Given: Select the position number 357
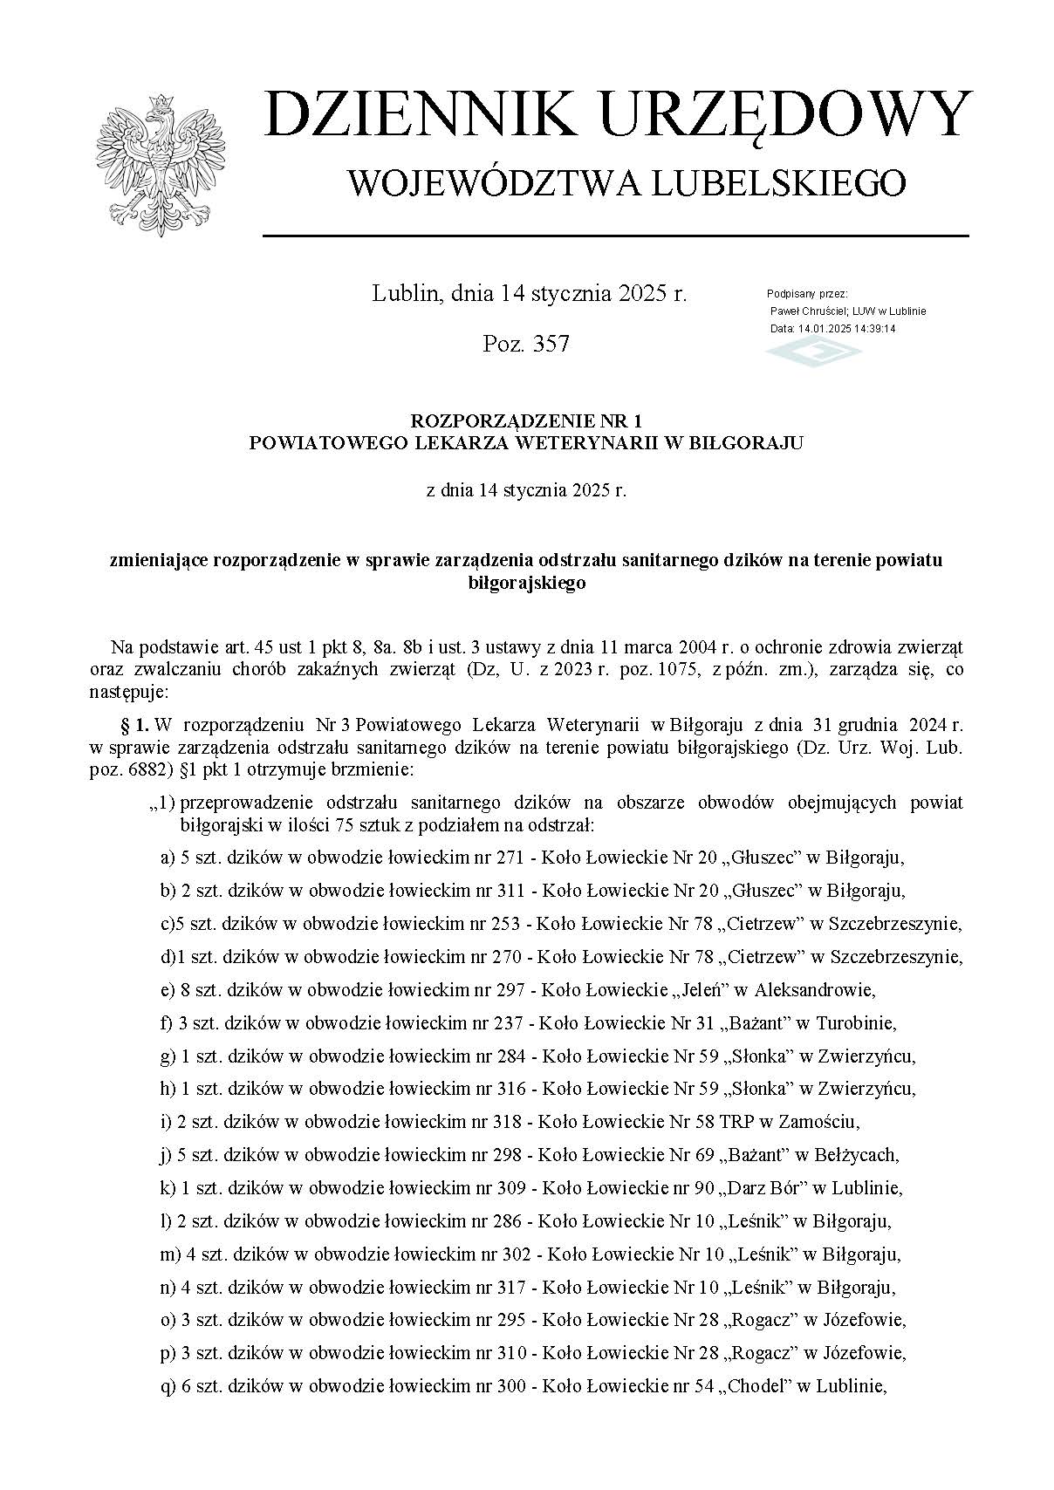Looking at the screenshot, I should [550, 344].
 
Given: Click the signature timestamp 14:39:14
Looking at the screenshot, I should [875, 329].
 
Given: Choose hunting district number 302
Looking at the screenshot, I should [518, 1254].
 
